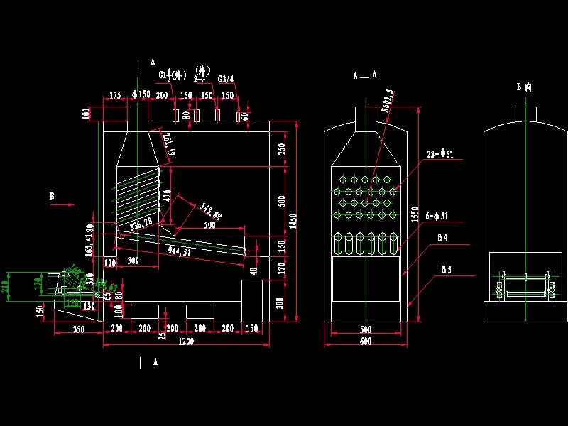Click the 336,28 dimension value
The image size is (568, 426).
click(x=141, y=224)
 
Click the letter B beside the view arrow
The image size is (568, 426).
click(x=51, y=194)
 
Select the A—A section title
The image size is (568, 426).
click(x=365, y=75)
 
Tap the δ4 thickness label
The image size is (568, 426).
click(x=443, y=237)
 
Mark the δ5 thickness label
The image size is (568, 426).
click(x=446, y=269)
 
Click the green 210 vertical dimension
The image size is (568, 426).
click(x=6, y=286)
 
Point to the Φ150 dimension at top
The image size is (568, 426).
click(x=141, y=94)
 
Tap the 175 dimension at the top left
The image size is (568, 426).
click(x=115, y=94)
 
